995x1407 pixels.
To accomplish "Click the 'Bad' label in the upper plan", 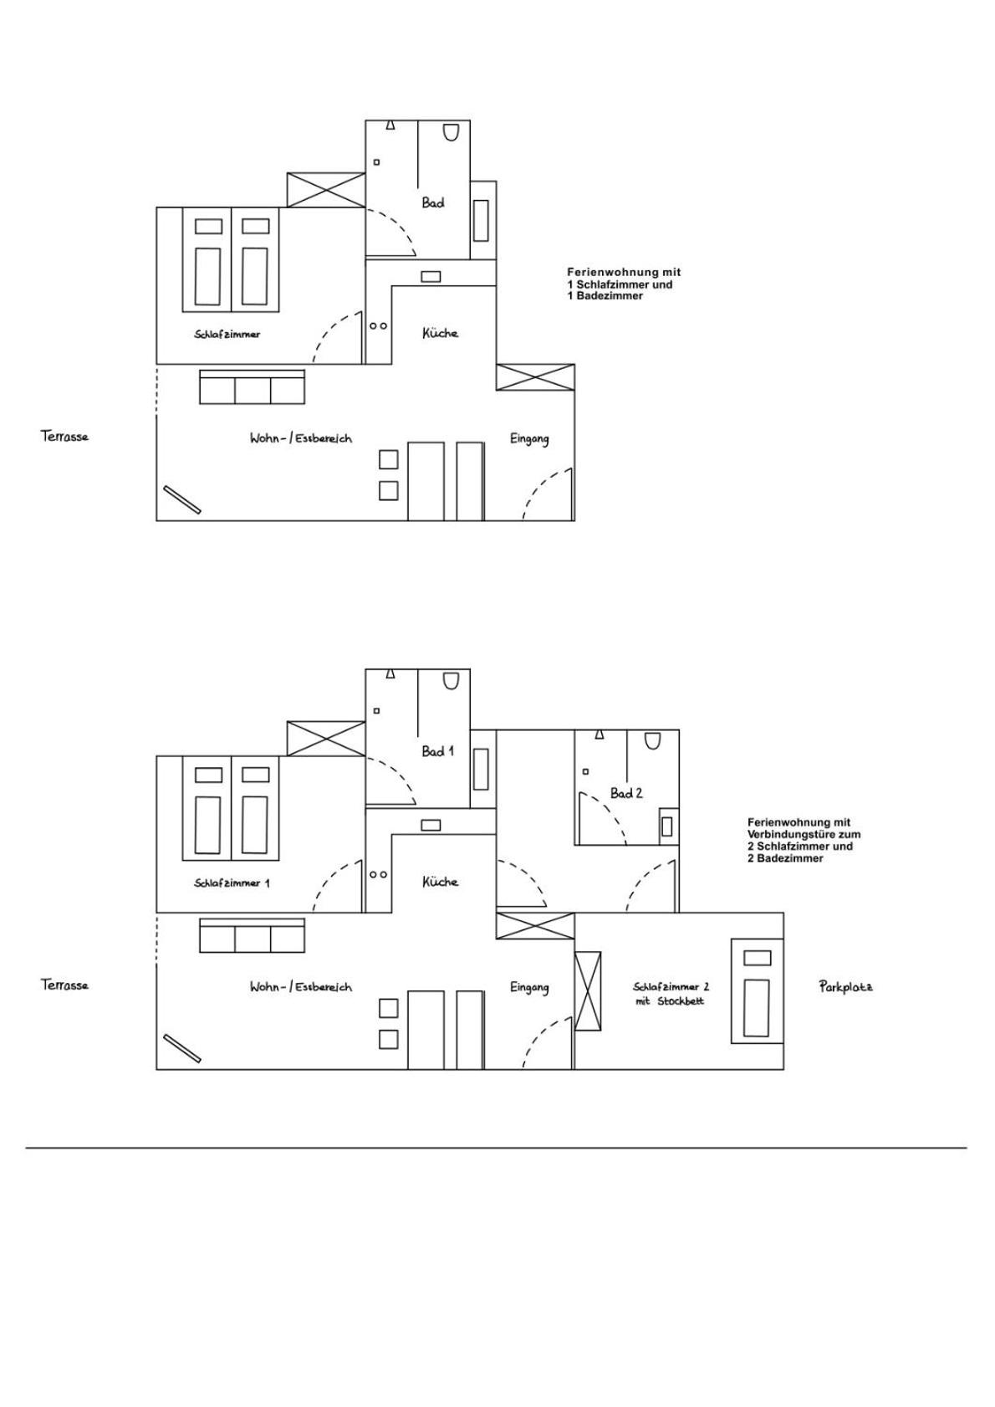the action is [433, 203].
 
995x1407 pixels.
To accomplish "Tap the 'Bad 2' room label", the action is [626, 793].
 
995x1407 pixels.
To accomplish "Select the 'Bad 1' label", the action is [437, 751].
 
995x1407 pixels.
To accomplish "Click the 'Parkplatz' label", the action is [845, 987].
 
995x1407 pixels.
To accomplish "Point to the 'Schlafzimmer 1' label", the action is [232, 883].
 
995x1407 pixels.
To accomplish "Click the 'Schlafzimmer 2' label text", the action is [671, 987].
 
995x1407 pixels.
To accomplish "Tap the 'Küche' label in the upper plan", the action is [440, 333].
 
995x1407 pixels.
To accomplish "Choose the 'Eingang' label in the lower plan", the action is [529, 988].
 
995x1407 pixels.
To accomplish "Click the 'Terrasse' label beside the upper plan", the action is [64, 437].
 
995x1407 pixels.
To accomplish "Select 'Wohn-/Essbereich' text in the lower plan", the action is [301, 987].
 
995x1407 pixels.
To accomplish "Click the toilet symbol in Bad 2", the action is [653, 739].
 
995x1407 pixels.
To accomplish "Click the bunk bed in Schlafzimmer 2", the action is [757, 990].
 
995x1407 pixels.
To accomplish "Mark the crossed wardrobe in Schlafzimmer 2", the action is [588, 990].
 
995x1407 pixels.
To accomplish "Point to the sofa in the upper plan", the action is [253, 387].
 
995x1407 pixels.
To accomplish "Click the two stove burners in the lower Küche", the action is [379, 874].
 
